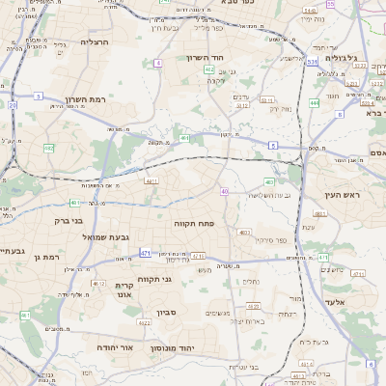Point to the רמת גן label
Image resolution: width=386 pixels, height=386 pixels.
tap(46, 257)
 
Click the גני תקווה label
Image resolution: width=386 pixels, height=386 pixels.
tap(154, 279)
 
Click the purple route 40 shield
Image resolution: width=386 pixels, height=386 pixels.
tap(224, 192)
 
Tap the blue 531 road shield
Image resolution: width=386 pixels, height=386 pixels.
tap(313, 61)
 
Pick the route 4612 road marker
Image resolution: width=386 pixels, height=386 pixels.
tap(98, 284)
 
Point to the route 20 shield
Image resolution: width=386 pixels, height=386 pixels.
tap(13, 104)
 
